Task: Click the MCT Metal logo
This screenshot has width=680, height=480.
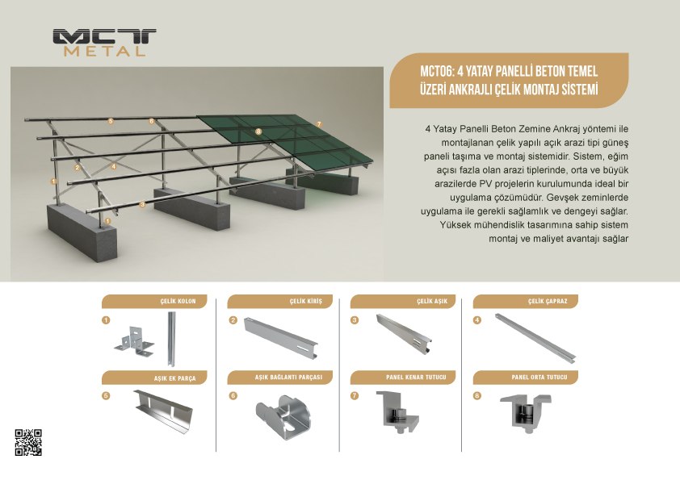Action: (x=104, y=43)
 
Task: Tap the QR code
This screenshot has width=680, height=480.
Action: (x=28, y=442)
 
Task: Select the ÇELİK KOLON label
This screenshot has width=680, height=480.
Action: (x=178, y=301)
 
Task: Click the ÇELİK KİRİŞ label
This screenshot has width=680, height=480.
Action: (x=306, y=301)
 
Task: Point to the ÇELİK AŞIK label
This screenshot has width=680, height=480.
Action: (x=432, y=301)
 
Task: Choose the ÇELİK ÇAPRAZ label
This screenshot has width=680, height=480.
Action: (x=548, y=301)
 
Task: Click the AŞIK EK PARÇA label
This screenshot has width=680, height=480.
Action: (x=174, y=378)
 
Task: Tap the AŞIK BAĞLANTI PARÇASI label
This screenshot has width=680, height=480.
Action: (x=288, y=378)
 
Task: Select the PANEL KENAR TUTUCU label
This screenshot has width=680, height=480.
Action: (x=416, y=378)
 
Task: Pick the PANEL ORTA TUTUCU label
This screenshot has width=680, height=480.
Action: (x=539, y=378)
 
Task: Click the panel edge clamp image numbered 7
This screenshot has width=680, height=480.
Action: (x=397, y=411)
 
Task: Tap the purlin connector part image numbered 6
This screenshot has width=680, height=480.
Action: (x=283, y=416)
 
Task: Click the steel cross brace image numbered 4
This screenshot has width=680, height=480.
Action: (x=535, y=338)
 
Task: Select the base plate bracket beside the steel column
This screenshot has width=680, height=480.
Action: (x=134, y=342)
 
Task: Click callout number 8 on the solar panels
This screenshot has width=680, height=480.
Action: (x=258, y=131)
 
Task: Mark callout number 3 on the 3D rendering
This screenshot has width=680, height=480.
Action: (x=142, y=204)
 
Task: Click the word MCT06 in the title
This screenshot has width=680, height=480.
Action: (x=436, y=72)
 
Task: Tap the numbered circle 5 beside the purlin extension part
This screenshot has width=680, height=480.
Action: (x=106, y=395)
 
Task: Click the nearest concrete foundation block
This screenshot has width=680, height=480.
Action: (x=82, y=232)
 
